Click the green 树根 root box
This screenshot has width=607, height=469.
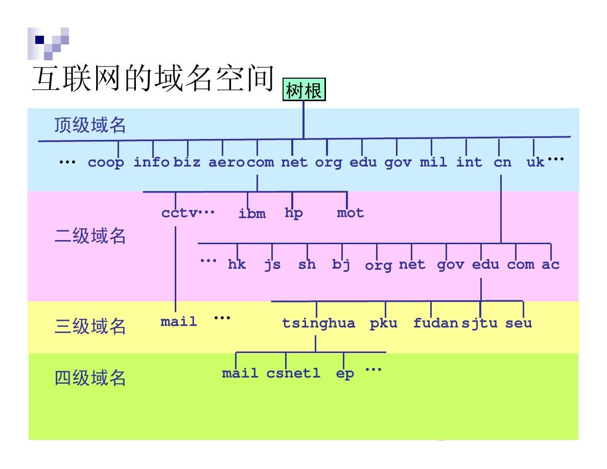coord(304,91)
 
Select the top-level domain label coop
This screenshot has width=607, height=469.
coord(106,162)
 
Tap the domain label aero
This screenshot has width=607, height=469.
coord(227,162)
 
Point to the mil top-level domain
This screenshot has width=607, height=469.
coord(433,162)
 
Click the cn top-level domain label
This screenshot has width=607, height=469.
coord(502,162)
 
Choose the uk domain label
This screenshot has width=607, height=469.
coord(535,162)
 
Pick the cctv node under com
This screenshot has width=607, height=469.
coord(179,213)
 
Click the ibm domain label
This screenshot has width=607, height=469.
coord(252,214)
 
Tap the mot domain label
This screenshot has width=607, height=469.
coord(350,213)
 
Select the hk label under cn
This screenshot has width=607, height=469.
coord(237,264)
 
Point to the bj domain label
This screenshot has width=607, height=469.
coord(341,265)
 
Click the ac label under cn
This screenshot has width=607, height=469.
coord(551,265)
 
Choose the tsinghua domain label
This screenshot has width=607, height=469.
coord(318,323)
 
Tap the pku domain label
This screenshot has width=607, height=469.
coord(383,323)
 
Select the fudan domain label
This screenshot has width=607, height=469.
coord(436,323)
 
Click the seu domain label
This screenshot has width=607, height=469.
coord(519,323)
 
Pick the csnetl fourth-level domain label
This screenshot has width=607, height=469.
coord(293,373)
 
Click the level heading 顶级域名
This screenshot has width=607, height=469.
coord(90,125)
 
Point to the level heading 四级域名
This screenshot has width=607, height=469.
coord(90,378)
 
